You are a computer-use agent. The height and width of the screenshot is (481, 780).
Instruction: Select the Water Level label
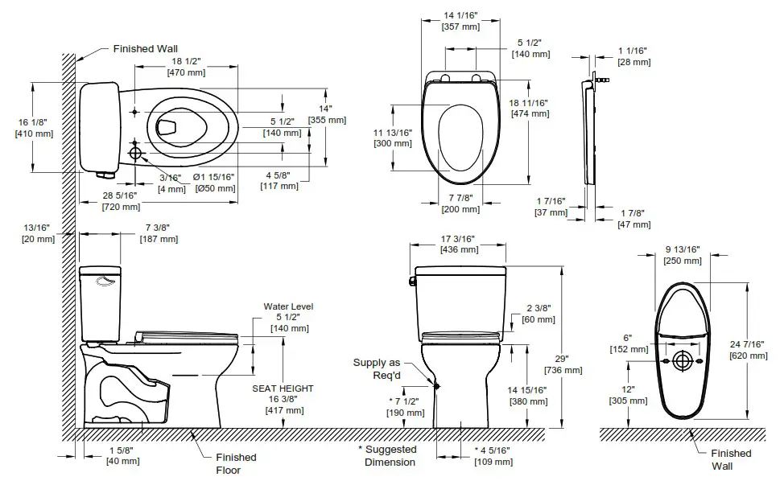point(287,306)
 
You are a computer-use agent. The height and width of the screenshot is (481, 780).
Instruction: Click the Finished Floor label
point(236,463)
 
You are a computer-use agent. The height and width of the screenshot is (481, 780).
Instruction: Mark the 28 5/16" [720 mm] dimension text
point(119,201)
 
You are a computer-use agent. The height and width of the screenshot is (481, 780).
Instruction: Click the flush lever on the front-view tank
point(411,280)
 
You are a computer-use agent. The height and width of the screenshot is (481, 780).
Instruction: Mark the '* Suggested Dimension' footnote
point(390,456)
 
